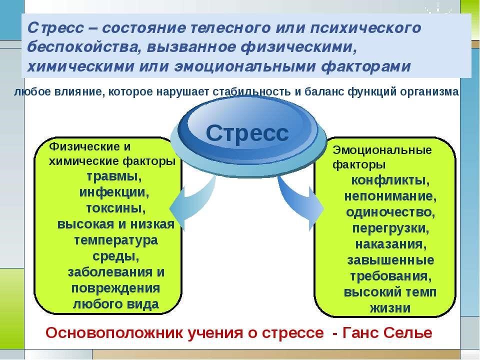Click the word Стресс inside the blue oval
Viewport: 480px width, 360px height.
pyautogui.click(x=247, y=133)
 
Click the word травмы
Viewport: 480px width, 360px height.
pyautogui.click(x=114, y=176)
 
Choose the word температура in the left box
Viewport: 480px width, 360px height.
pyautogui.click(x=116, y=240)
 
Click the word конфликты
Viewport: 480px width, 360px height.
pyautogui.click(x=390, y=180)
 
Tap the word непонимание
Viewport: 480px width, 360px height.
pyautogui.click(x=390, y=196)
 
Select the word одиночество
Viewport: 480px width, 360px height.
pyautogui.click(x=390, y=212)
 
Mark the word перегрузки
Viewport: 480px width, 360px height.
pyautogui.click(x=390, y=228)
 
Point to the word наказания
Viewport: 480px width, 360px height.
pyautogui.click(x=391, y=244)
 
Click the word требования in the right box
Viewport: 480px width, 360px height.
pyautogui.click(x=391, y=276)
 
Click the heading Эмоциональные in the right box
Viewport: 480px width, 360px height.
pyautogui.click(x=382, y=150)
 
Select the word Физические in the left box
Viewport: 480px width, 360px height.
pyautogui.click(x=84, y=146)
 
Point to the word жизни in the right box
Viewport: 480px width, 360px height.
pyautogui.click(x=390, y=308)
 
